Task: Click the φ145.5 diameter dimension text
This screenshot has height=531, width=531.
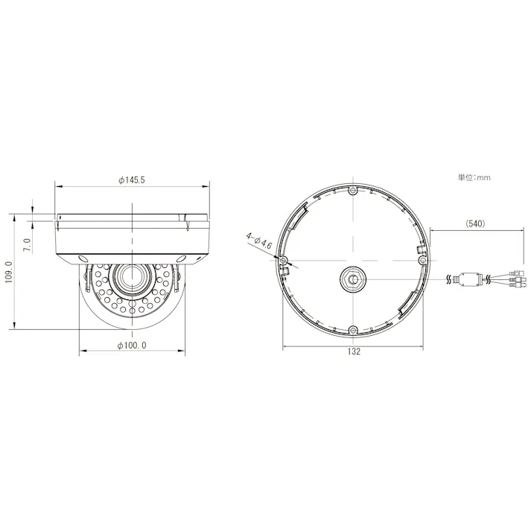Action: click(x=131, y=180)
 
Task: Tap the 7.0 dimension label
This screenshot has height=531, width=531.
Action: click(x=27, y=244)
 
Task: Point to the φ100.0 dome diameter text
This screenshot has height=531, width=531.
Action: click(x=132, y=345)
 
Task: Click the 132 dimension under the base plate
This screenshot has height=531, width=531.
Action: click(x=354, y=352)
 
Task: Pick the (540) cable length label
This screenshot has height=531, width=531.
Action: click(x=475, y=223)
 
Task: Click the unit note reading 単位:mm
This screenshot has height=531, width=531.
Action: click(x=474, y=178)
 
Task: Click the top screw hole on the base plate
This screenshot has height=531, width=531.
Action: click(x=353, y=191)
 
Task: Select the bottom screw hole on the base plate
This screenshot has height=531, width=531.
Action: click(x=354, y=330)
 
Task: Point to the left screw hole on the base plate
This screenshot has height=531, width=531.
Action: click(x=284, y=260)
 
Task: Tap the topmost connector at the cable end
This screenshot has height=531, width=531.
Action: click(x=513, y=271)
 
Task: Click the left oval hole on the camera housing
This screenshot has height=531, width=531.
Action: click(x=80, y=258)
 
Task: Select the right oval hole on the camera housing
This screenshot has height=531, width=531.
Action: click(x=182, y=258)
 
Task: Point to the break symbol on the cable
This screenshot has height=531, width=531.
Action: click(x=449, y=279)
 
